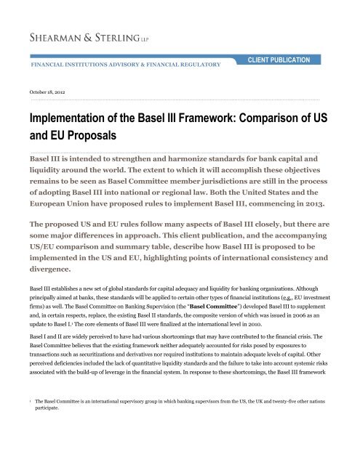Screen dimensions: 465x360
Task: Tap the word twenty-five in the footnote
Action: [273, 421]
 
